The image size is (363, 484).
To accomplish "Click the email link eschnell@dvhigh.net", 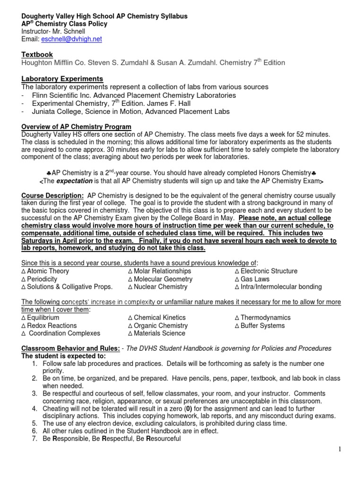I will tap(71, 39).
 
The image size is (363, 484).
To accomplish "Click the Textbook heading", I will tap(37, 54).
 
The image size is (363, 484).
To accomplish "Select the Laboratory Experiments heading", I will tap(62, 78).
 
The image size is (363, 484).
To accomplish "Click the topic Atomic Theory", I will tap(48, 271).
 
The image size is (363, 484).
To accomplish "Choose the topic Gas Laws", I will tap(255, 279).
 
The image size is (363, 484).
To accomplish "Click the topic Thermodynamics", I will tap(266, 318).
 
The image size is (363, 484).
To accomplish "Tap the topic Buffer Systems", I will tap(262, 326).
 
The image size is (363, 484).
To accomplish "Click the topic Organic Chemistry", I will tap(161, 326).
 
